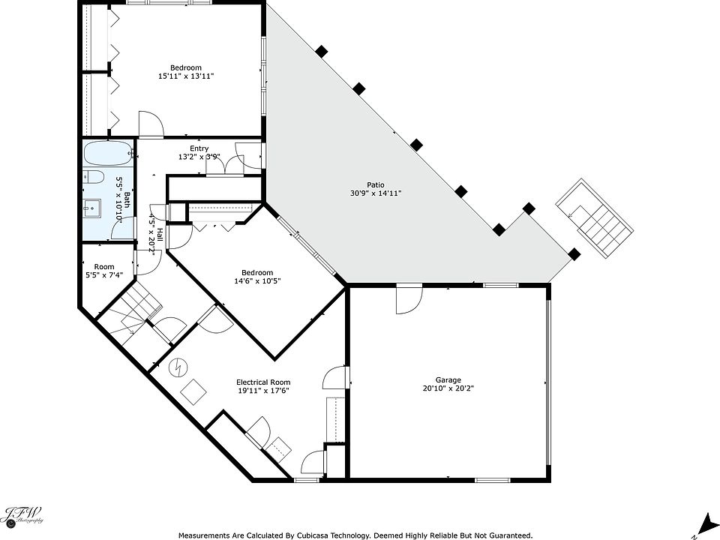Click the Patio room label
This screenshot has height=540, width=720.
coord(376,185)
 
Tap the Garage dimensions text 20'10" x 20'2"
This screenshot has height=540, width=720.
coord(448,388)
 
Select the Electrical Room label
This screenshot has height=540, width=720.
coord(263,382)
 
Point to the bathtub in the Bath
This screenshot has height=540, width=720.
coord(108,153)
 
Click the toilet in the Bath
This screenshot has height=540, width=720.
coord(91,177)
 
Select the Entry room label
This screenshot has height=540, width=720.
coord(199,148)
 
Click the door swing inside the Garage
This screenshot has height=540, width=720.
coord(409,298)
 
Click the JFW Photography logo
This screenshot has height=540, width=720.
coord(24,514)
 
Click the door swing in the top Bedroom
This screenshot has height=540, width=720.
coord(151,124)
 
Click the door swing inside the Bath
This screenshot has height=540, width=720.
coord(123,228)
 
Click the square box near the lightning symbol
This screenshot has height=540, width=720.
coord(193,391)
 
